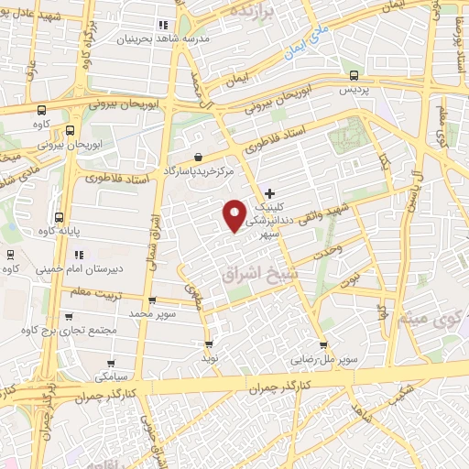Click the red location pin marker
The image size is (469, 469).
[x=234, y=215]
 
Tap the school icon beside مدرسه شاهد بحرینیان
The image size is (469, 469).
[x=163, y=25]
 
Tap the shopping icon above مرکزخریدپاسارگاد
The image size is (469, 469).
[x=200, y=157]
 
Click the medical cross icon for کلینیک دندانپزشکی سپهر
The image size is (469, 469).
[x=269, y=193]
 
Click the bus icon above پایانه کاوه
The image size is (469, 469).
[x=59, y=218]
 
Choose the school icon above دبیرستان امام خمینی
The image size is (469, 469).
[x=80, y=254]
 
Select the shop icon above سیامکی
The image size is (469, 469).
[x=111, y=362]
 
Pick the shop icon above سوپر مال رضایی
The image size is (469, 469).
[x=321, y=345]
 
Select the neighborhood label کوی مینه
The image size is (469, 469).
[x=423, y=320]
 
